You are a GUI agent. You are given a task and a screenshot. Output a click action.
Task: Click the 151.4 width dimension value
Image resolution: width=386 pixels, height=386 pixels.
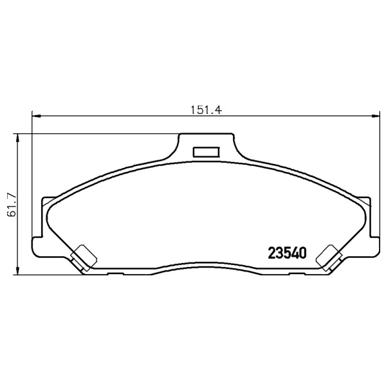coord(207,110)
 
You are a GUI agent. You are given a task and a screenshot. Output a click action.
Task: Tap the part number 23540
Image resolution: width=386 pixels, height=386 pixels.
coord(288,253)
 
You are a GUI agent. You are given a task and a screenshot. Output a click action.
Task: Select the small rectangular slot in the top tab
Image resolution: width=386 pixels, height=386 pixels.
coord(207,152)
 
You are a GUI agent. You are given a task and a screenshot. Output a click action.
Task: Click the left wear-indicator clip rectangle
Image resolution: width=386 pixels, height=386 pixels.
coord(84,256)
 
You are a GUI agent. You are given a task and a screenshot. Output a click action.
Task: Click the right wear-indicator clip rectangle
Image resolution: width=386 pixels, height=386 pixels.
coord(328,256)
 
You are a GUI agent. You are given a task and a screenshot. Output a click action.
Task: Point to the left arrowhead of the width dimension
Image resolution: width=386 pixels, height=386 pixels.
coord(37,116)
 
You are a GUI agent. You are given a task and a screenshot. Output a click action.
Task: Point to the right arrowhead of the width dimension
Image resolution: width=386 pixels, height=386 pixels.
coord(376,116)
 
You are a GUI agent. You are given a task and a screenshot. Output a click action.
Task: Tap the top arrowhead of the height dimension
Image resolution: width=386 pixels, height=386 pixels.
coord(17,138)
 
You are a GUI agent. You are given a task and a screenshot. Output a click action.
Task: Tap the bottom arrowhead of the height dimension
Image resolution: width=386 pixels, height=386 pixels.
coord(17,270)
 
